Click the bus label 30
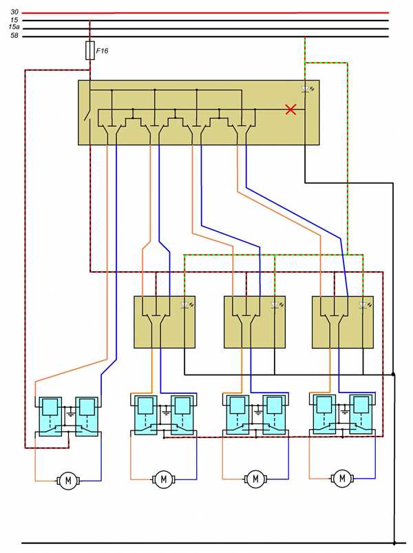pos(14,12)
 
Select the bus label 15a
pos(14,27)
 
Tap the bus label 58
pos(14,36)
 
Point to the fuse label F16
pos(102,51)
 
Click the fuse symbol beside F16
pos(90,50)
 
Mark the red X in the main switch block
pos(290,109)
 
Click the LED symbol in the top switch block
pos(307,90)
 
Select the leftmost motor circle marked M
pos(68,480)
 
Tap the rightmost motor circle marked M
pos(342,479)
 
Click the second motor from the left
pos(164,479)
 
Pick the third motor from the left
pos(255,479)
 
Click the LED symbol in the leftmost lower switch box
pos(187,305)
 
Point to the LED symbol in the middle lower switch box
pos(277,305)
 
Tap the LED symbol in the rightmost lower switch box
pos(365,305)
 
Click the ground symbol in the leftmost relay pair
pos(70,413)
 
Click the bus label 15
pos(14,20)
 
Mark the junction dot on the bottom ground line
pos(394,543)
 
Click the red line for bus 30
pos(205,12)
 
